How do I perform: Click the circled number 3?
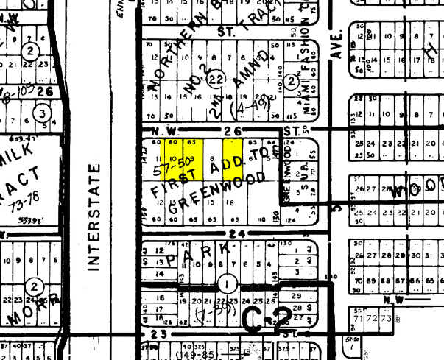click(43, 113)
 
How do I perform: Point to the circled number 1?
click(227, 282)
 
